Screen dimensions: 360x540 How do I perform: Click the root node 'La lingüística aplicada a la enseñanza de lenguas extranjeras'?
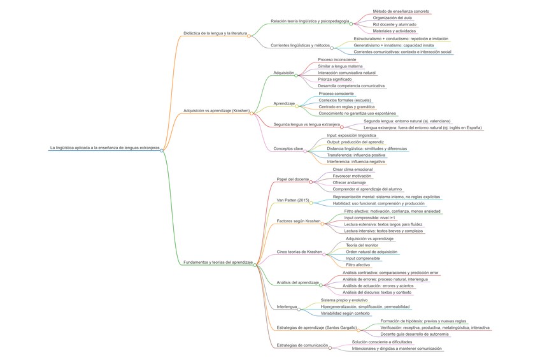(104, 147)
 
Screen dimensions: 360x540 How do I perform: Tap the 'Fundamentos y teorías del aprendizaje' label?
(219, 262)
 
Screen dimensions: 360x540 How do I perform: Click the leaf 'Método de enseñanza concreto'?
(401, 11)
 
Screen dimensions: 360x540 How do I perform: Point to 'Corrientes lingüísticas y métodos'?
(301, 45)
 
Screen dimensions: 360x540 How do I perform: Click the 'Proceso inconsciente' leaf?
(337, 59)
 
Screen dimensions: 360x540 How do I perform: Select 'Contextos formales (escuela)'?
(345, 100)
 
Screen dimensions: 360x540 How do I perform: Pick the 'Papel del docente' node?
(292, 179)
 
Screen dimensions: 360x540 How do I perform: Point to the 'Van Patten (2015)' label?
(293, 200)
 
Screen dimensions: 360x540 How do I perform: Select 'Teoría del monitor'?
(362, 245)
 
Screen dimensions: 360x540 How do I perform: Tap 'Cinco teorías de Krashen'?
(299, 251)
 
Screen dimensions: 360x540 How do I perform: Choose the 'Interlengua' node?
(287, 306)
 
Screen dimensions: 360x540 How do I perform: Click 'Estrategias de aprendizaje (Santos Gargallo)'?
(316, 327)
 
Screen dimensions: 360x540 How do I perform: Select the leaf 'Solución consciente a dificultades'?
(387, 342)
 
